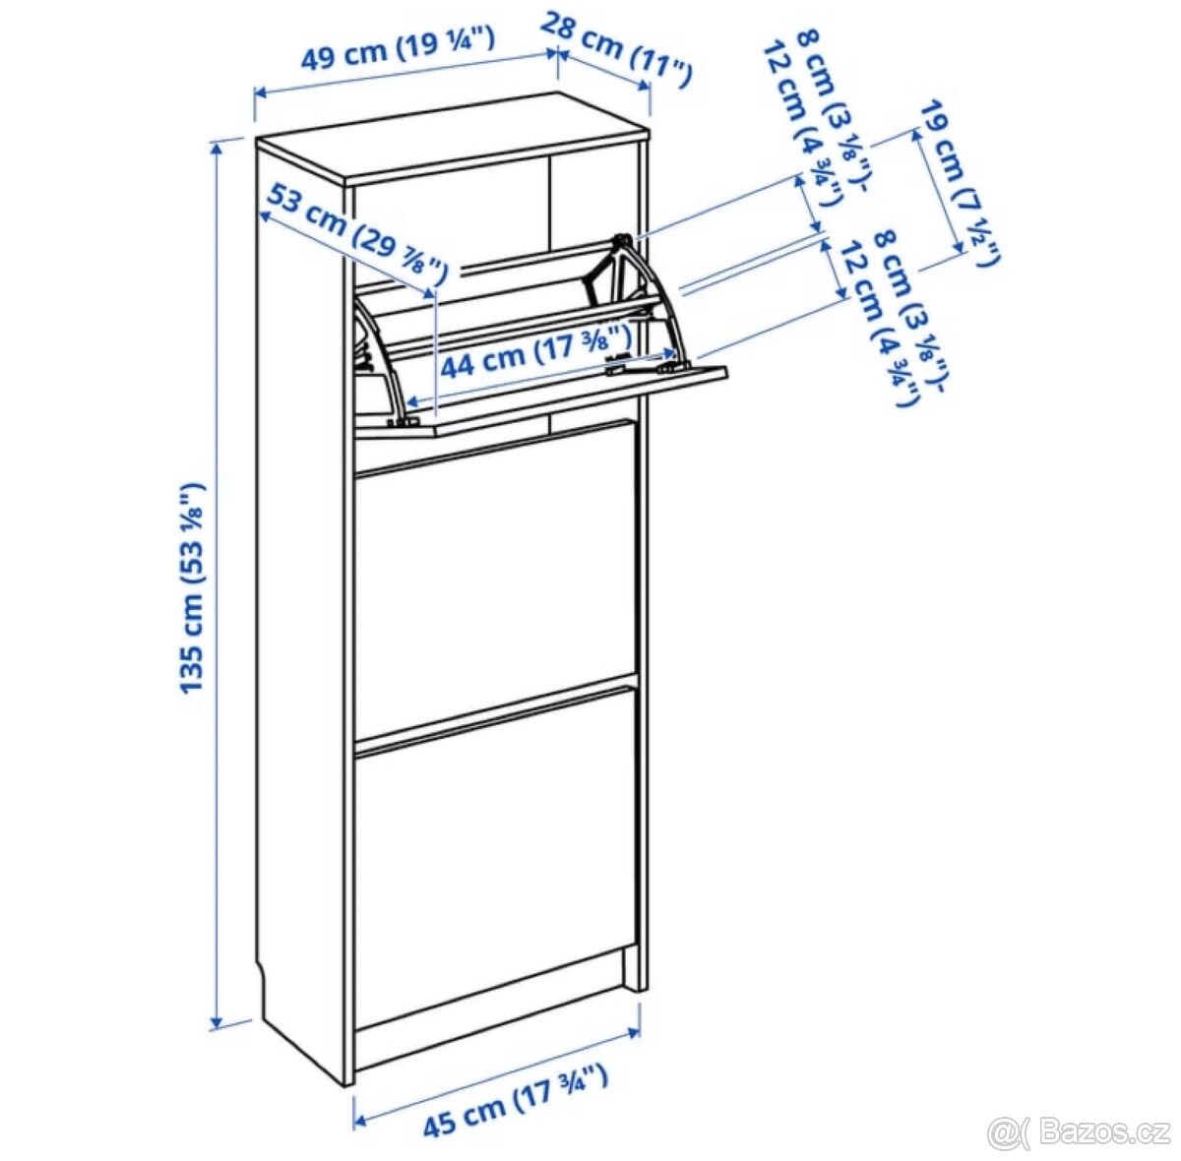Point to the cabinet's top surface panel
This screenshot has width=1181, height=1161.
[x=453, y=138]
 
